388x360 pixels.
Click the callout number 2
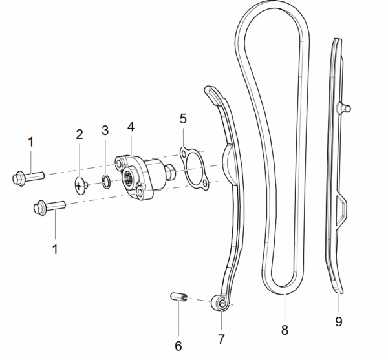point(80,134)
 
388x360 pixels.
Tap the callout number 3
point(105,130)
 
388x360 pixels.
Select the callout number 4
point(131,127)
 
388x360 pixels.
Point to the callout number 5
point(183,118)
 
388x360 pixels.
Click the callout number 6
point(178,346)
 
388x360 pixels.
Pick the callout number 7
point(221,339)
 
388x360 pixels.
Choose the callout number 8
point(285,330)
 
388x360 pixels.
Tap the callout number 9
point(339,321)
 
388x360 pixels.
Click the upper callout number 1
point(30,142)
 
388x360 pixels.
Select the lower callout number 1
point(55,249)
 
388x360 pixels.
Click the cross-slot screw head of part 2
point(79,186)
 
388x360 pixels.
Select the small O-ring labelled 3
point(107,182)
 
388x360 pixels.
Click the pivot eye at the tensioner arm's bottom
point(220,303)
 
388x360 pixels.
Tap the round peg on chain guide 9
point(346,108)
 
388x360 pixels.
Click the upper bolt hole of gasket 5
point(183,154)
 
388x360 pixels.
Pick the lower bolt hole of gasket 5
point(205,183)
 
